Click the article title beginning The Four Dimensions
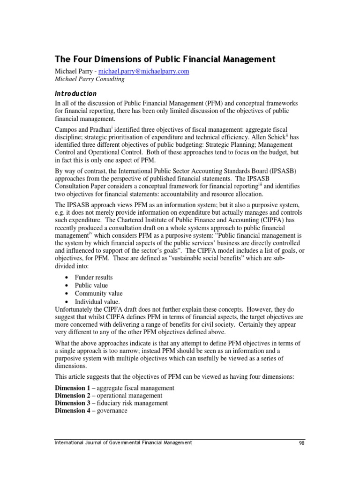165,59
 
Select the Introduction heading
76,93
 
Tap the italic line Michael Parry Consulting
90,79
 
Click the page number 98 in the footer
301,442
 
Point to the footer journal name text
123,442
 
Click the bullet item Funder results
94,277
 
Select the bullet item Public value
91,285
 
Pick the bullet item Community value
98,293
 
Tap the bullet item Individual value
97,301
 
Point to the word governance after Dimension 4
112,411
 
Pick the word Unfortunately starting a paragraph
76,310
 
